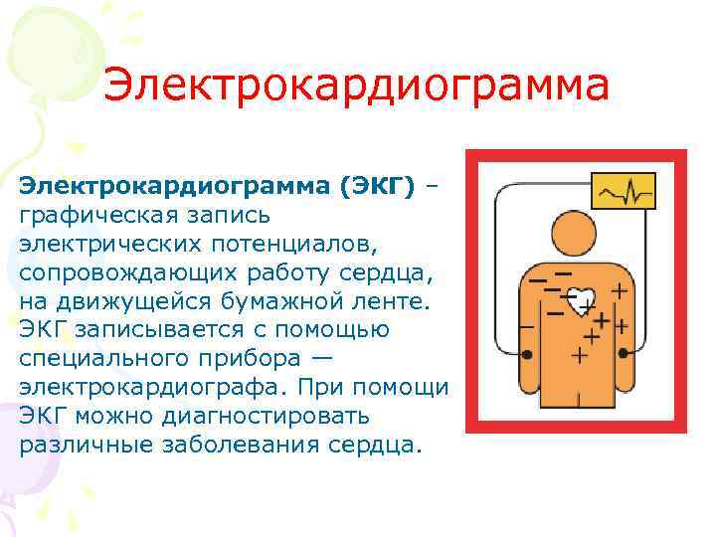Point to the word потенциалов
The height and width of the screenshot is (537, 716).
pyautogui.click(x=297, y=243)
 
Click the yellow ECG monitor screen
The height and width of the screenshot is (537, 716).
pyautogui.click(x=624, y=190)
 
